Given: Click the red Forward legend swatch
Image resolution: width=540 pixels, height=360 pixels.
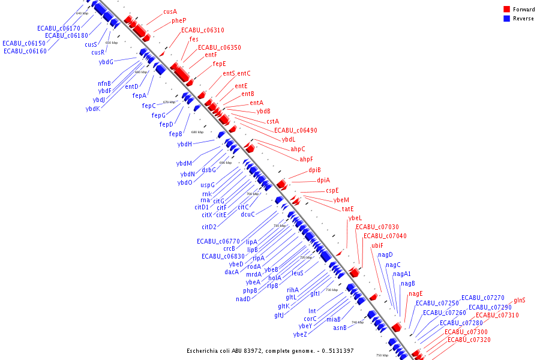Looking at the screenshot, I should click(506, 10).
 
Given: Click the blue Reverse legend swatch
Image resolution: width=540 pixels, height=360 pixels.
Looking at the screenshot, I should click(506, 19).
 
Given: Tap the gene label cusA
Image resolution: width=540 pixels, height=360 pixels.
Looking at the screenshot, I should click(170, 11).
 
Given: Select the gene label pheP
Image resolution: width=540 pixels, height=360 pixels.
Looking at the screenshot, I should click(179, 20).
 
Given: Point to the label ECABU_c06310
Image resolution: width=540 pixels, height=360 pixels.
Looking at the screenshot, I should click(203, 30).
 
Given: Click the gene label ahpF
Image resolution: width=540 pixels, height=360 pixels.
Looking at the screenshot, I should click(306, 159).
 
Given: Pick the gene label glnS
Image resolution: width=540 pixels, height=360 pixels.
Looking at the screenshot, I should click(520, 300).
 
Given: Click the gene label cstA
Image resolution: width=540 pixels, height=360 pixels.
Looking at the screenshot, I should click(272, 121).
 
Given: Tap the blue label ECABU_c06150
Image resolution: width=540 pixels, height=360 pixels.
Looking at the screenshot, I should click(23, 43).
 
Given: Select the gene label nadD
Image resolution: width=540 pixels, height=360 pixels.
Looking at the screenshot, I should click(243, 299).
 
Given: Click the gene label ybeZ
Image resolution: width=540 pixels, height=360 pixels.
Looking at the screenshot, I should click(300, 334).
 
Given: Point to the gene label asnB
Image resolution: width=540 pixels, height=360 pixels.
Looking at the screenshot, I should click(340, 328).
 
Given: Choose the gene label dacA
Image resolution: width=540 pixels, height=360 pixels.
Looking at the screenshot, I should click(232, 272).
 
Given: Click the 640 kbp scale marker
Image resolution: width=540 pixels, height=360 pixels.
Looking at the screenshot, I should click(82, 13).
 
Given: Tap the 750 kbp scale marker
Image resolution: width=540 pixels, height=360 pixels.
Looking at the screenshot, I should click(382, 355).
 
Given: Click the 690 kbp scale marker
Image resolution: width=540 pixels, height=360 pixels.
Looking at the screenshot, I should click(225, 163).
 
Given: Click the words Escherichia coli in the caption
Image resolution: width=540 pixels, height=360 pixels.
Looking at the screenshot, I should click(209, 350).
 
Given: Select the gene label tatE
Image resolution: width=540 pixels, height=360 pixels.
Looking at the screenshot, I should click(348, 209).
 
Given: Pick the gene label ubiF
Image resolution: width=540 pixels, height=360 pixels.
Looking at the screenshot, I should click(377, 245).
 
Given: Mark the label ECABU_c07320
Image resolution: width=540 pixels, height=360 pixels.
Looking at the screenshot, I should click(469, 340).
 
